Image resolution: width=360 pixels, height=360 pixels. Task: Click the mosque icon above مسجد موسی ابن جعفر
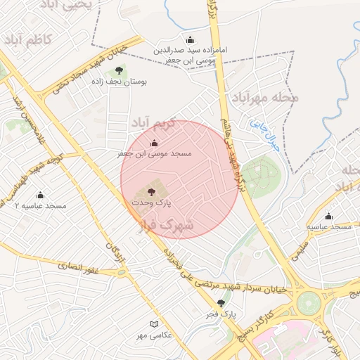155,143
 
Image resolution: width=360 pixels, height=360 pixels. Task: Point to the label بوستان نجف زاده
119,82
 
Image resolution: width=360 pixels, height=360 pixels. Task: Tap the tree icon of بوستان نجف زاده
119,70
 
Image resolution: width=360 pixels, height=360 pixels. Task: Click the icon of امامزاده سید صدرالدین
190,40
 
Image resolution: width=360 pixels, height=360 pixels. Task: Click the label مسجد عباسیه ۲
40,206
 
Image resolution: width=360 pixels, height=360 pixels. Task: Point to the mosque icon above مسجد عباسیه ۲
40,195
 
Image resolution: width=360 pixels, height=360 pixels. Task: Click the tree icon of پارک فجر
221,303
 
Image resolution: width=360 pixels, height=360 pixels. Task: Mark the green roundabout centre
308,303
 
